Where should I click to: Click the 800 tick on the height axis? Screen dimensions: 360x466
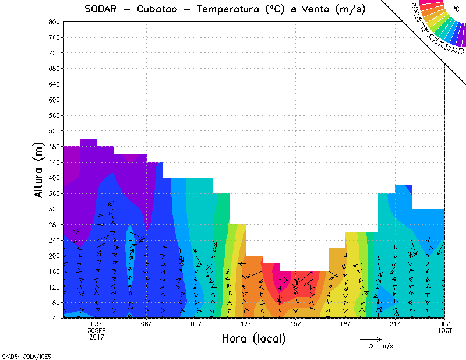(54, 22)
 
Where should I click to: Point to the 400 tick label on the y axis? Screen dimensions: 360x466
(54, 178)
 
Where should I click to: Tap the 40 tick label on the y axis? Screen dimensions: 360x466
(55, 319)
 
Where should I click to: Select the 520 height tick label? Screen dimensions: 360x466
(54, 131)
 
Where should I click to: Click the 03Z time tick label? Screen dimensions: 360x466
(97, 324)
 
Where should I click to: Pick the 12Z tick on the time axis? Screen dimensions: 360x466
(246, 324)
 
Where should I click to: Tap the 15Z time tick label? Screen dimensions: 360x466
(296, 324)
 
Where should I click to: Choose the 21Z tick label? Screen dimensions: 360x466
(396, 324)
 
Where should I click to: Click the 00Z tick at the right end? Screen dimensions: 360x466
(445, 324)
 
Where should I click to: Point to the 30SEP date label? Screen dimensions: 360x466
(97, 330)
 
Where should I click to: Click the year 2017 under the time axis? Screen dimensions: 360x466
(97, 337)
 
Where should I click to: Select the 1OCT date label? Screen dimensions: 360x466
(445, 330)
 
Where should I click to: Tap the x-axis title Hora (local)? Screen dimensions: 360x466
(253, 338)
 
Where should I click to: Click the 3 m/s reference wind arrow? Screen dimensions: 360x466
(370, 338)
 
